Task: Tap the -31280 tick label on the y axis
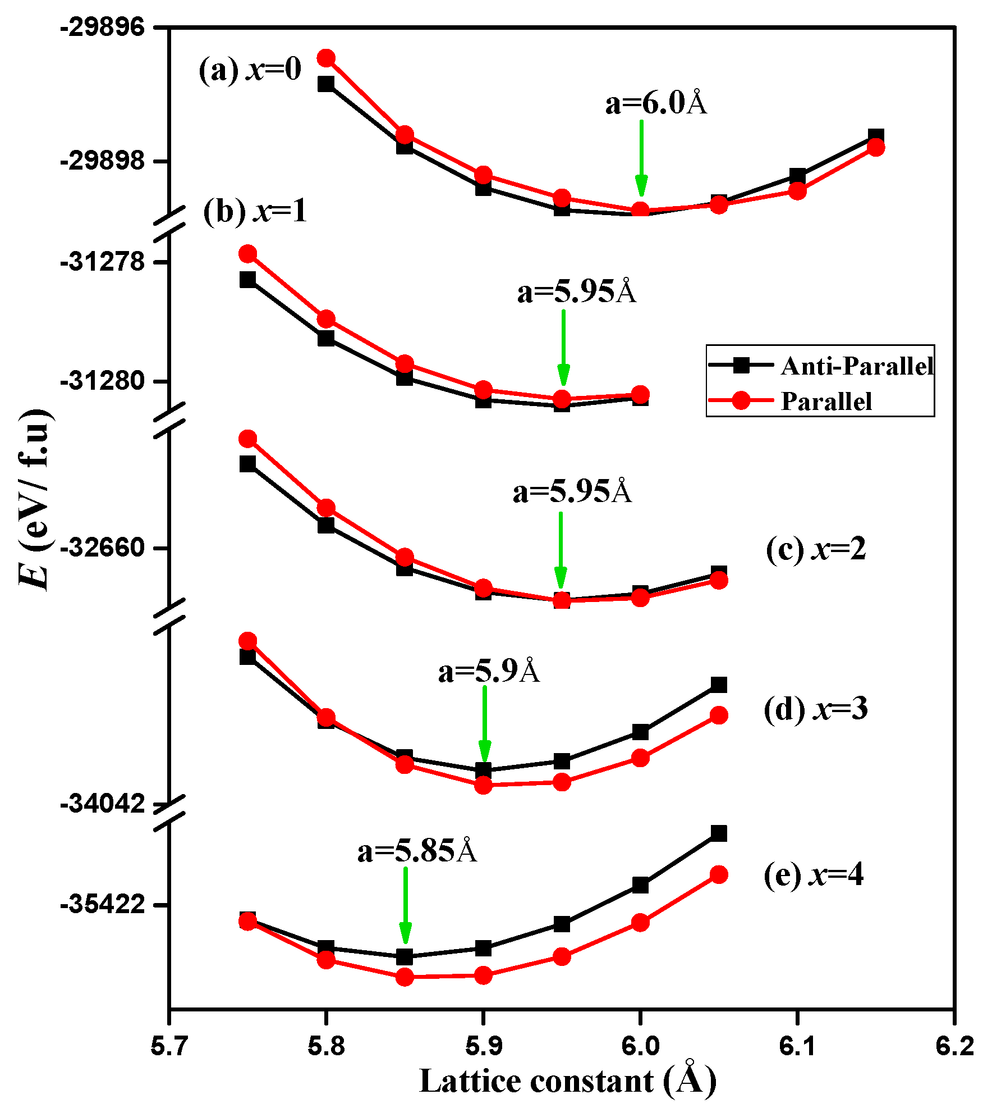[103, 381]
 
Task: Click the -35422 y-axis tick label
[103, 905]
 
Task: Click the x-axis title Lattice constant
[568, 1081]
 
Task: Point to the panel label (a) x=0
[250, 70]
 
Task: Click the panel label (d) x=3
[815, 709]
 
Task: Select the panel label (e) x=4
[813, 874]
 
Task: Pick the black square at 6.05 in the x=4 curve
[719, 833]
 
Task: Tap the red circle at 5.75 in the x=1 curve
[247, 254]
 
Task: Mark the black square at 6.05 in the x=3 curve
[719, 685]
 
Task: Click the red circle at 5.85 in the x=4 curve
[405, 978]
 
